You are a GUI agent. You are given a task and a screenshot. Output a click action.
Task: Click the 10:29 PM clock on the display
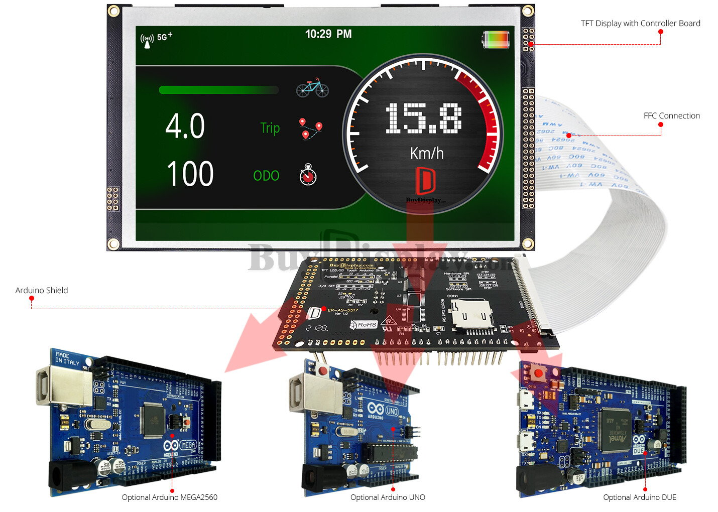[x=328, y=34]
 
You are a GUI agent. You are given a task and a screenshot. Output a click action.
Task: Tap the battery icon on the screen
[x=496, y=39]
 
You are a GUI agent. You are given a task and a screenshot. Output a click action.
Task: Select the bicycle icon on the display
[x=312, y=88]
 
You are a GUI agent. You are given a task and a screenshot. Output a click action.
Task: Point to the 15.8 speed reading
[x=423, y=118]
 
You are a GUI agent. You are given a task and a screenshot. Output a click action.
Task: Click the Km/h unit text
[x=427, y=153]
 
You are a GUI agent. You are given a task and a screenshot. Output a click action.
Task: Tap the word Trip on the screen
[x=270, y=129]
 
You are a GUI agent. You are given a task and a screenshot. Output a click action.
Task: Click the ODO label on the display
[x=266, y=176]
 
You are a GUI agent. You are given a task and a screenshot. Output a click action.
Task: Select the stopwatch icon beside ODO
[x=308, y=174]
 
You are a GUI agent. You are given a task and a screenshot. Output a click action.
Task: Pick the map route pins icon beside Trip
[x=311, y=129]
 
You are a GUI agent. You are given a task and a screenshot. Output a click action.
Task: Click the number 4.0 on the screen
[x=185, y=126]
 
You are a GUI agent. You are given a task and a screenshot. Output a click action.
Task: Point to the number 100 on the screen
[x=190, y=174]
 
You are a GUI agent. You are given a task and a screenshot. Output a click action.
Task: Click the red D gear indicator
[x=425, y=181]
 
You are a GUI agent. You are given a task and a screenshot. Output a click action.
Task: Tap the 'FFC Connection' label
[x=671, y=116]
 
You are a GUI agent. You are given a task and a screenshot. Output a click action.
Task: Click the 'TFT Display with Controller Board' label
[x=640, y=24]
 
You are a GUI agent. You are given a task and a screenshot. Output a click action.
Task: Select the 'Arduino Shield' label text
[x=42, y=291]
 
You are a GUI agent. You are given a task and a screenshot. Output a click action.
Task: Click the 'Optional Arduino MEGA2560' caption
[x=170, y=497]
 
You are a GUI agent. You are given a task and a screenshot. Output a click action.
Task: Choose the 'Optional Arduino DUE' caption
[x=640, y=497]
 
